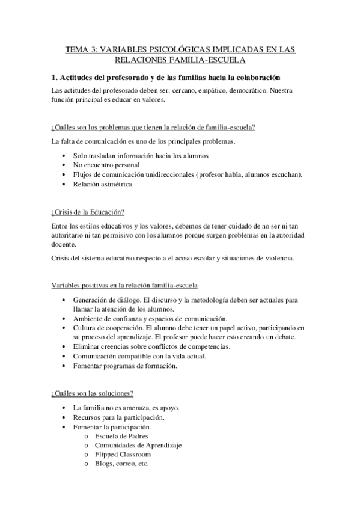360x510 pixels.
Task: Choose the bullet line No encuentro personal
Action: [106, 165]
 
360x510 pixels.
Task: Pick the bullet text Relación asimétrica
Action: [102, 185]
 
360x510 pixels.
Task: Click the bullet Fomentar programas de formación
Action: [124, 366]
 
